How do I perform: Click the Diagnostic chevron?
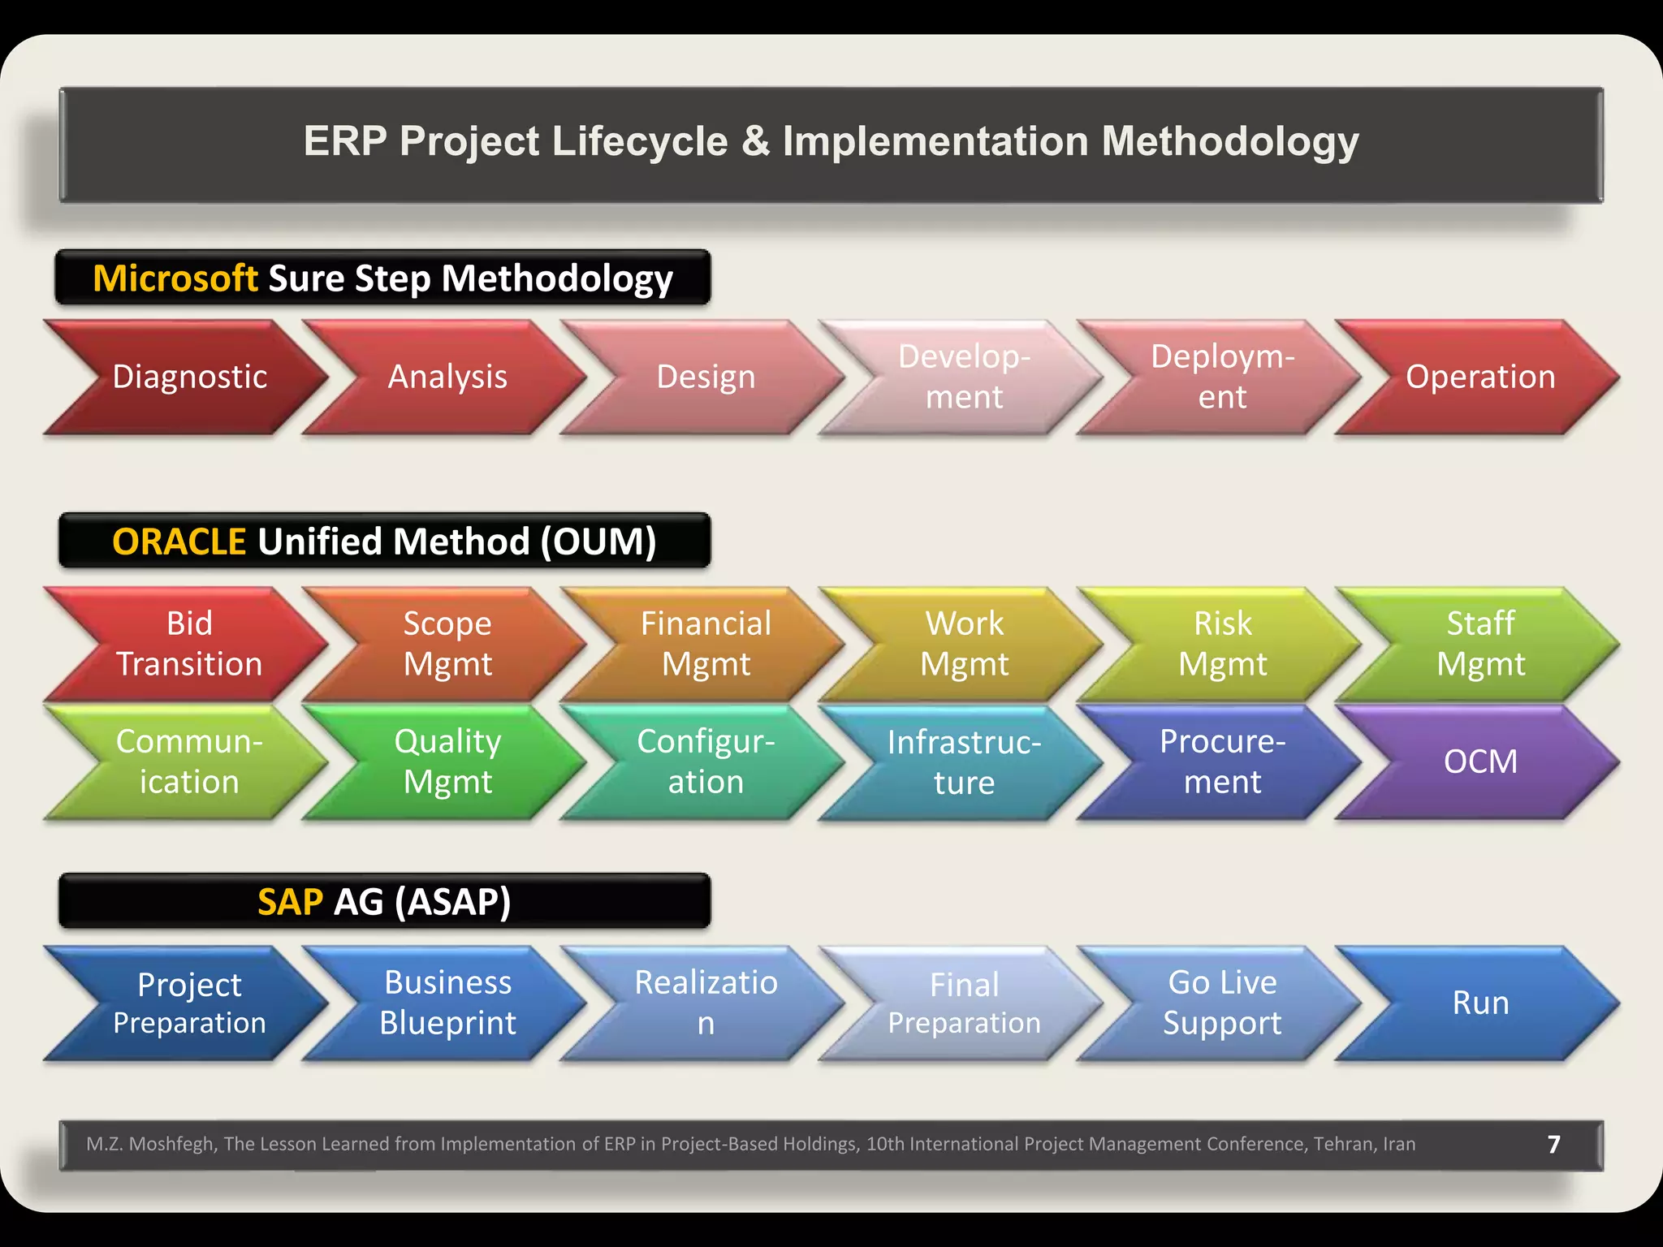click(189, 377)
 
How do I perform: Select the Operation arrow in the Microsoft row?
click(1479, 377)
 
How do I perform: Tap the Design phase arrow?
click(706, 377)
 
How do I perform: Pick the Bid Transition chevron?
click(189, 644)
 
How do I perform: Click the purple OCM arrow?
click(1479, 762)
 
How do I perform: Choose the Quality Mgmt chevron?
click(447, 762)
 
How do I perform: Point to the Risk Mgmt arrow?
click(1222, 644)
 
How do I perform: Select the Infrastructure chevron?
click(964, 762)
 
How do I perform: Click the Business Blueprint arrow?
click(447, 1003)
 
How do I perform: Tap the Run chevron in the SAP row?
click(1479, 1003)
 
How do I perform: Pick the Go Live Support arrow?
click(1222, 1003)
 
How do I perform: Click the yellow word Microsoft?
click(175, 278)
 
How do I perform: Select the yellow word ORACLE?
click(179, 542)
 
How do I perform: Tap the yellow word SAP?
click(290, 902)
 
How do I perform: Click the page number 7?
click(1553, 1145)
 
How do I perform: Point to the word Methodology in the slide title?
click(1229, 142)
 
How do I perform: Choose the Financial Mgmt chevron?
click(706, 644)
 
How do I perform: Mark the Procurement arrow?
click(1222, 762)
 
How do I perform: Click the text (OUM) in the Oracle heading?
click(598, 542)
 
